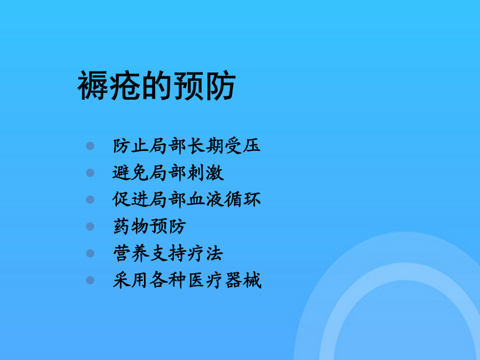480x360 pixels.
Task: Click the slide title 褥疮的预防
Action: (x=156, y=85)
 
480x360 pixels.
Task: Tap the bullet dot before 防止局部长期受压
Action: (x=90, y=146)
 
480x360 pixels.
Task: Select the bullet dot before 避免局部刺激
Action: (x=90, y=173)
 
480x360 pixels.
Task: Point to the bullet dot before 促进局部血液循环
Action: (x=90, y=199)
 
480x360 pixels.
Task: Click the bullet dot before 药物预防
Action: (x=90, y=227)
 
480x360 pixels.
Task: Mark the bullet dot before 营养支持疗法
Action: (x=90, y=253)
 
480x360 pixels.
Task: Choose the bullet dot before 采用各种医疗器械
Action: (x=90, y=280)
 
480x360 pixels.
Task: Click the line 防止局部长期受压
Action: (x=187, y=146)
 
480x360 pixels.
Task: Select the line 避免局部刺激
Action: (x=168, y=173)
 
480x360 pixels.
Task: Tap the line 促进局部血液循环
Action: (x=187, y=199)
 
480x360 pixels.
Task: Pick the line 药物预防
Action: (x=149, y=227)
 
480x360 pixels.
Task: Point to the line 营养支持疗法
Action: (x=168, y=253)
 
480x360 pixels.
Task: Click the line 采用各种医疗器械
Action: (x=187, y=280)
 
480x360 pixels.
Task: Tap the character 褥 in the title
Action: (x=93, y=85)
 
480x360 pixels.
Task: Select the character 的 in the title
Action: (x=156, y=85)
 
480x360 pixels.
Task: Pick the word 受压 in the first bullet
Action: (x=243, y=146)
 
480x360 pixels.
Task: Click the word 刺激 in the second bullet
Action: (x=205, y=173)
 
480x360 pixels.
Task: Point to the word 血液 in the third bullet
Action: (x=205, y=199)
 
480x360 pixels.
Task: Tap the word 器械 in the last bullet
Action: (x=243, y=280)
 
